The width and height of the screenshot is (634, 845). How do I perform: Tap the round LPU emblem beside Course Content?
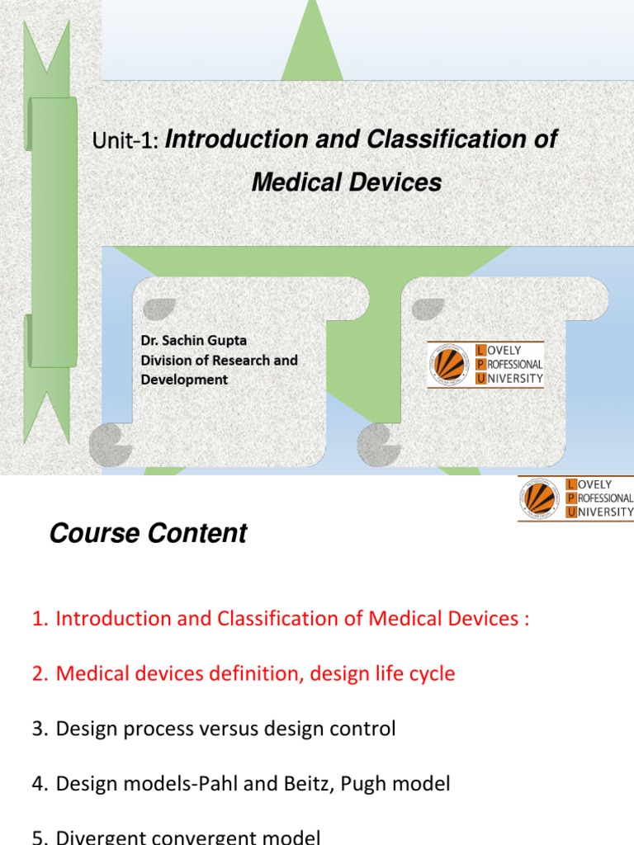[x=541, y=498]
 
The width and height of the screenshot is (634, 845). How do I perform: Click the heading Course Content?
[x=148, y=534]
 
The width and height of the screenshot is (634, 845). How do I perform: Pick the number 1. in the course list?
[x=40, y=619]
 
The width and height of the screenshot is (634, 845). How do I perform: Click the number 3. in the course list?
[x=40, y=729]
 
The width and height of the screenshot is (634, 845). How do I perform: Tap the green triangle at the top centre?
[x=312, y=45]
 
